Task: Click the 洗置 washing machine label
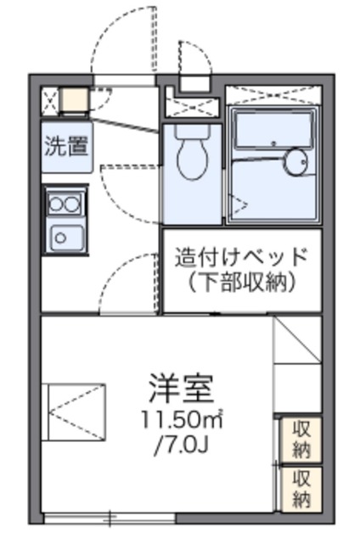pos(66,147)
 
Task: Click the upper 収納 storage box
pos(301,438)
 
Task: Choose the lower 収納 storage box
pos(301,487)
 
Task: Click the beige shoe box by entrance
pos(74,100)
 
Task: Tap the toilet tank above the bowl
pos(191,131)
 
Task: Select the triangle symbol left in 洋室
pos(76,411)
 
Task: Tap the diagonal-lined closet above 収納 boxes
pos(297,365)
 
